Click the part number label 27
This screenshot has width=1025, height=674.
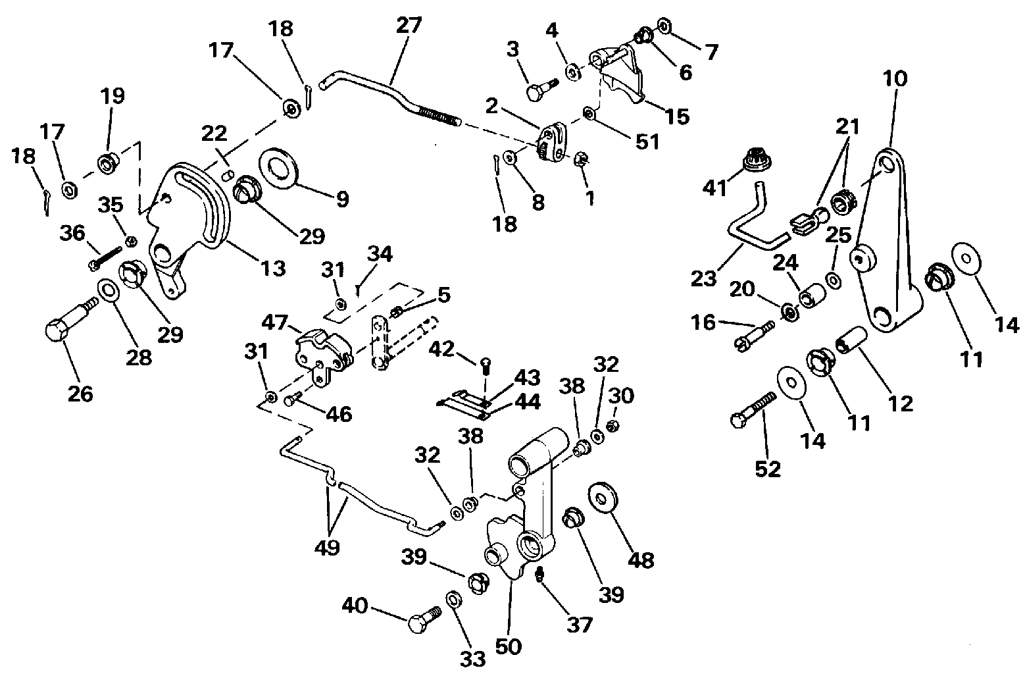409,26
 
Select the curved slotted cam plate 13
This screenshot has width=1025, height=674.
197,211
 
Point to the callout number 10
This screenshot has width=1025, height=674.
895,78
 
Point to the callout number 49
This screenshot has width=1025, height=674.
328,546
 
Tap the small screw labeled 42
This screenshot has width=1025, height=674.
485,363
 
